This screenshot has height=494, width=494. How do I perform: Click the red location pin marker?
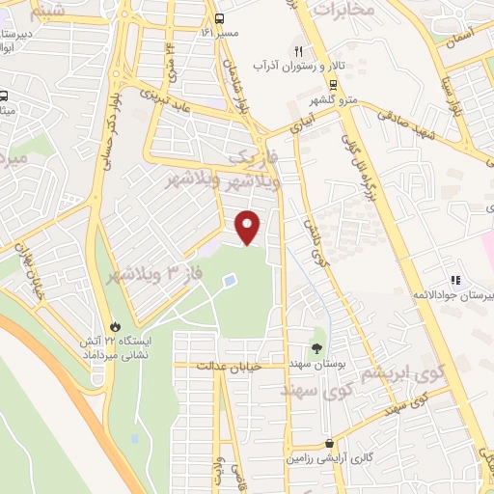249,227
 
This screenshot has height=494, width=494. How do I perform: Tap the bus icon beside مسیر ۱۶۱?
220,17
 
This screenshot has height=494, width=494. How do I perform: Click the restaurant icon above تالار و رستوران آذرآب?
300,50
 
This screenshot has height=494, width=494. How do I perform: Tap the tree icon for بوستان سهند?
318,345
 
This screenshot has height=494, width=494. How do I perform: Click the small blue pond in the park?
230,281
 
